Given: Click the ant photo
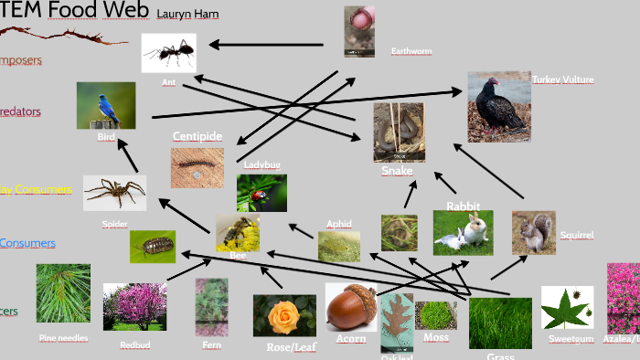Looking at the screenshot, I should click(x=168, y=53).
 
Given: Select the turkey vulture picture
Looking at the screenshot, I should click(x=498, y=107).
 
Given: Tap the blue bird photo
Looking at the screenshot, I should click(x=106, y=105).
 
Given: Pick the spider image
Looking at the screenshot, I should click(x=114, y=193).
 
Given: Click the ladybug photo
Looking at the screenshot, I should click(x=261, y=193).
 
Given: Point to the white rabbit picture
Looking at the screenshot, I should click(x=463, y=232).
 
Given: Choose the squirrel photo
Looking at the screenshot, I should click(x=533, y=232).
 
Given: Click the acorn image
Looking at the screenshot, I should click(x=351, y=306).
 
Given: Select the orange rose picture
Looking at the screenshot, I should click(x=284, y=314).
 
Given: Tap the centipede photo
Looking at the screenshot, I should click(x=197, y=167).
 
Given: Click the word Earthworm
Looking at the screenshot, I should click(x=411, y=51).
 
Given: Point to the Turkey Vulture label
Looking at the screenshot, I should click(x=563, y=79).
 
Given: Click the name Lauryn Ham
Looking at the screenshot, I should click(x=187, y=14).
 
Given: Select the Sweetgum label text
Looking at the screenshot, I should click(x=564, y=339).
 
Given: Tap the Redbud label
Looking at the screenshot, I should click(x=134, y=345).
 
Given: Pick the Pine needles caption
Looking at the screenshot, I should click(x=63, y=338).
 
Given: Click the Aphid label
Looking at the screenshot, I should click(x=339, y=224).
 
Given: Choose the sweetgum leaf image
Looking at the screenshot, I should click(x=567, y=308).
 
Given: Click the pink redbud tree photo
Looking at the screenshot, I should click(x=134, y=306).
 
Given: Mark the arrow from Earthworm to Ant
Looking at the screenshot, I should click(x=265, y=44).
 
